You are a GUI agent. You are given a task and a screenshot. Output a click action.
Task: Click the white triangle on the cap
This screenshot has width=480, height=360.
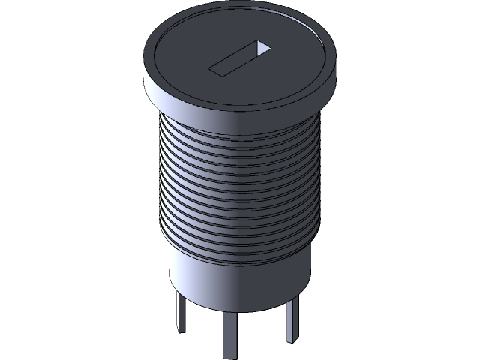[x=262, y=48]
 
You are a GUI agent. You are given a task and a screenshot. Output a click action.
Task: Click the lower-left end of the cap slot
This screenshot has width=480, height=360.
[x=216, y=70]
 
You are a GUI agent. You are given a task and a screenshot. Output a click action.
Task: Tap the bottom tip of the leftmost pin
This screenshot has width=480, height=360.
[x=181, y=330]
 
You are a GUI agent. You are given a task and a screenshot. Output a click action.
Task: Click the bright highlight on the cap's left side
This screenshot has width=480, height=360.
[x=149, y=75]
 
